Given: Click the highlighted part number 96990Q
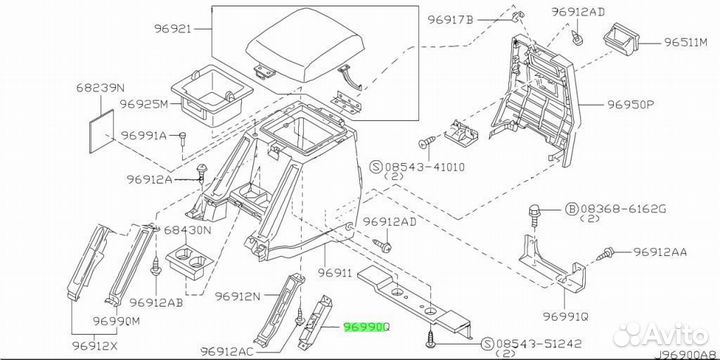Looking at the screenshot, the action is click(x=367, y=327).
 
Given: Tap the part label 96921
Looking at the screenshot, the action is click(x=172, y=29).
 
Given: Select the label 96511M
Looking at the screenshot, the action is click(x=686, y=43).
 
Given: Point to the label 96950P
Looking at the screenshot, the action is click(x=630, y=105).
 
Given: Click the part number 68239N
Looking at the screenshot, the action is click(x=101, y=88).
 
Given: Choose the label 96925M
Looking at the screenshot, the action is click(x=144, y=104).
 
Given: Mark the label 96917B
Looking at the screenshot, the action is click(x=451, y=20).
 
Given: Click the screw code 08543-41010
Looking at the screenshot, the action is click(x=424, y=167).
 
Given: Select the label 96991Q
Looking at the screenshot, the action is click(x=565, y=316).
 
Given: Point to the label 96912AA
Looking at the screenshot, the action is click(x=660, y=252).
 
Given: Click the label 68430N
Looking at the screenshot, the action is click(x=188, y=230).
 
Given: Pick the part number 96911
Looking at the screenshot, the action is click(x=335, y=273).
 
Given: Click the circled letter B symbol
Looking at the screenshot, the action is click(x=571, y=209).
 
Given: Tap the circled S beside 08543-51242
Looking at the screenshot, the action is click(x=488, y=343).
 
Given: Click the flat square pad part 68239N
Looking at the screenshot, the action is click(x=101, y=131).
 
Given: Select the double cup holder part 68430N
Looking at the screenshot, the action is click(x=189, y=264).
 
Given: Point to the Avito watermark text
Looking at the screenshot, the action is click(x=661, y=334).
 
